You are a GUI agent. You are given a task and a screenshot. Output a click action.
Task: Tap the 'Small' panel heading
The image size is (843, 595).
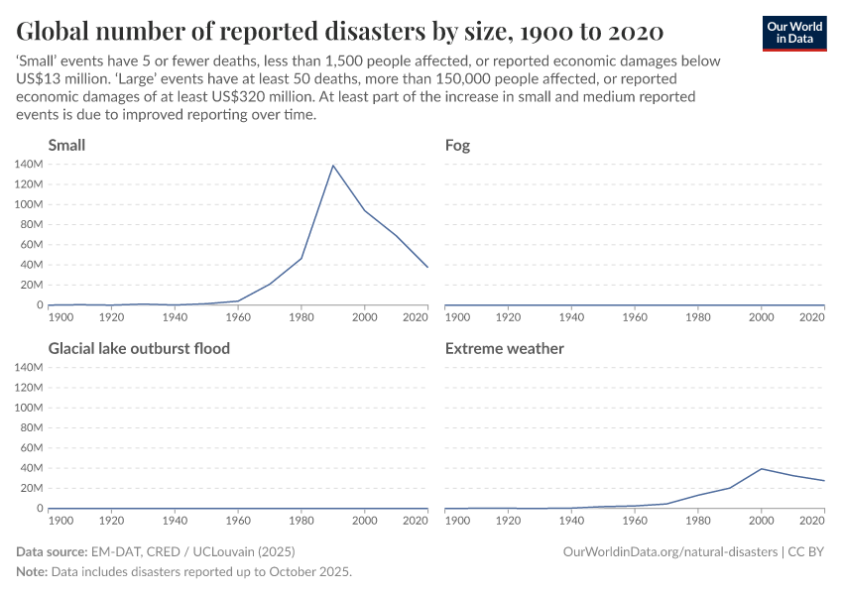tap(66, 145)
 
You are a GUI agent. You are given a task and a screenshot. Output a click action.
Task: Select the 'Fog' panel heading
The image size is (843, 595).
tap(457, 145)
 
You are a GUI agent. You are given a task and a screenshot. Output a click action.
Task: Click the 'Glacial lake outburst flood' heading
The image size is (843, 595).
tap(139, 348)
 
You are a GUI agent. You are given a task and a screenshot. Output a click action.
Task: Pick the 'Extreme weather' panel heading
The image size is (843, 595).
tap(505, 348)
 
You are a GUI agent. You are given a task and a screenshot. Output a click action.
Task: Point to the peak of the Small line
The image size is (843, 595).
tap(333, 165)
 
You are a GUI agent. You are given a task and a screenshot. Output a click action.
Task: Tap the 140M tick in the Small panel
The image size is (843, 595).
tap(28, 164)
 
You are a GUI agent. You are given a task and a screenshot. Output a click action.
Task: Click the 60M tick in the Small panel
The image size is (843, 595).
tap(31, 245)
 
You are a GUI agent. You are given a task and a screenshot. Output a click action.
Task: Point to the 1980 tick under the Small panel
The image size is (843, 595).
tap(301, 317)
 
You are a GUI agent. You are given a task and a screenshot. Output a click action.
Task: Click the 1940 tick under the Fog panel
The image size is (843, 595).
tap(571, 317)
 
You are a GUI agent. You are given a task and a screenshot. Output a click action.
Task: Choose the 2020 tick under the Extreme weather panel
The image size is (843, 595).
tap(812, 521)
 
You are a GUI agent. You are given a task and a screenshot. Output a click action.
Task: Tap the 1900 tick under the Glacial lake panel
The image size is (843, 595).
tap(60, 521)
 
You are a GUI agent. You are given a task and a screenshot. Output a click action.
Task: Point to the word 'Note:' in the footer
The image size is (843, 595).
tap(34, 572)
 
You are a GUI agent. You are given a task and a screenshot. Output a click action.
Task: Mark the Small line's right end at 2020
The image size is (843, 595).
tap(428, 267)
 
